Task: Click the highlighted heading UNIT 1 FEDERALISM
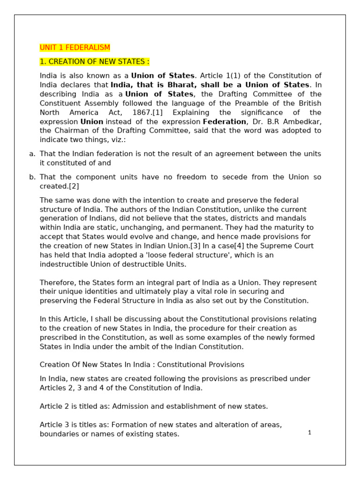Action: [x=75, y=48]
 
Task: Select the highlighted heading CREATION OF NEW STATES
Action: [x=95, y=62]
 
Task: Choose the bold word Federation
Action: [x=224, y=121]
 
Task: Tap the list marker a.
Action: [x=32, y=154]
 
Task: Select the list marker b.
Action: [x=32, y=177]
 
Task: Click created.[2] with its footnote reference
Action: [x=60, y=186]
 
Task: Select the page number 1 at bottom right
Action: [x=309, y=433]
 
